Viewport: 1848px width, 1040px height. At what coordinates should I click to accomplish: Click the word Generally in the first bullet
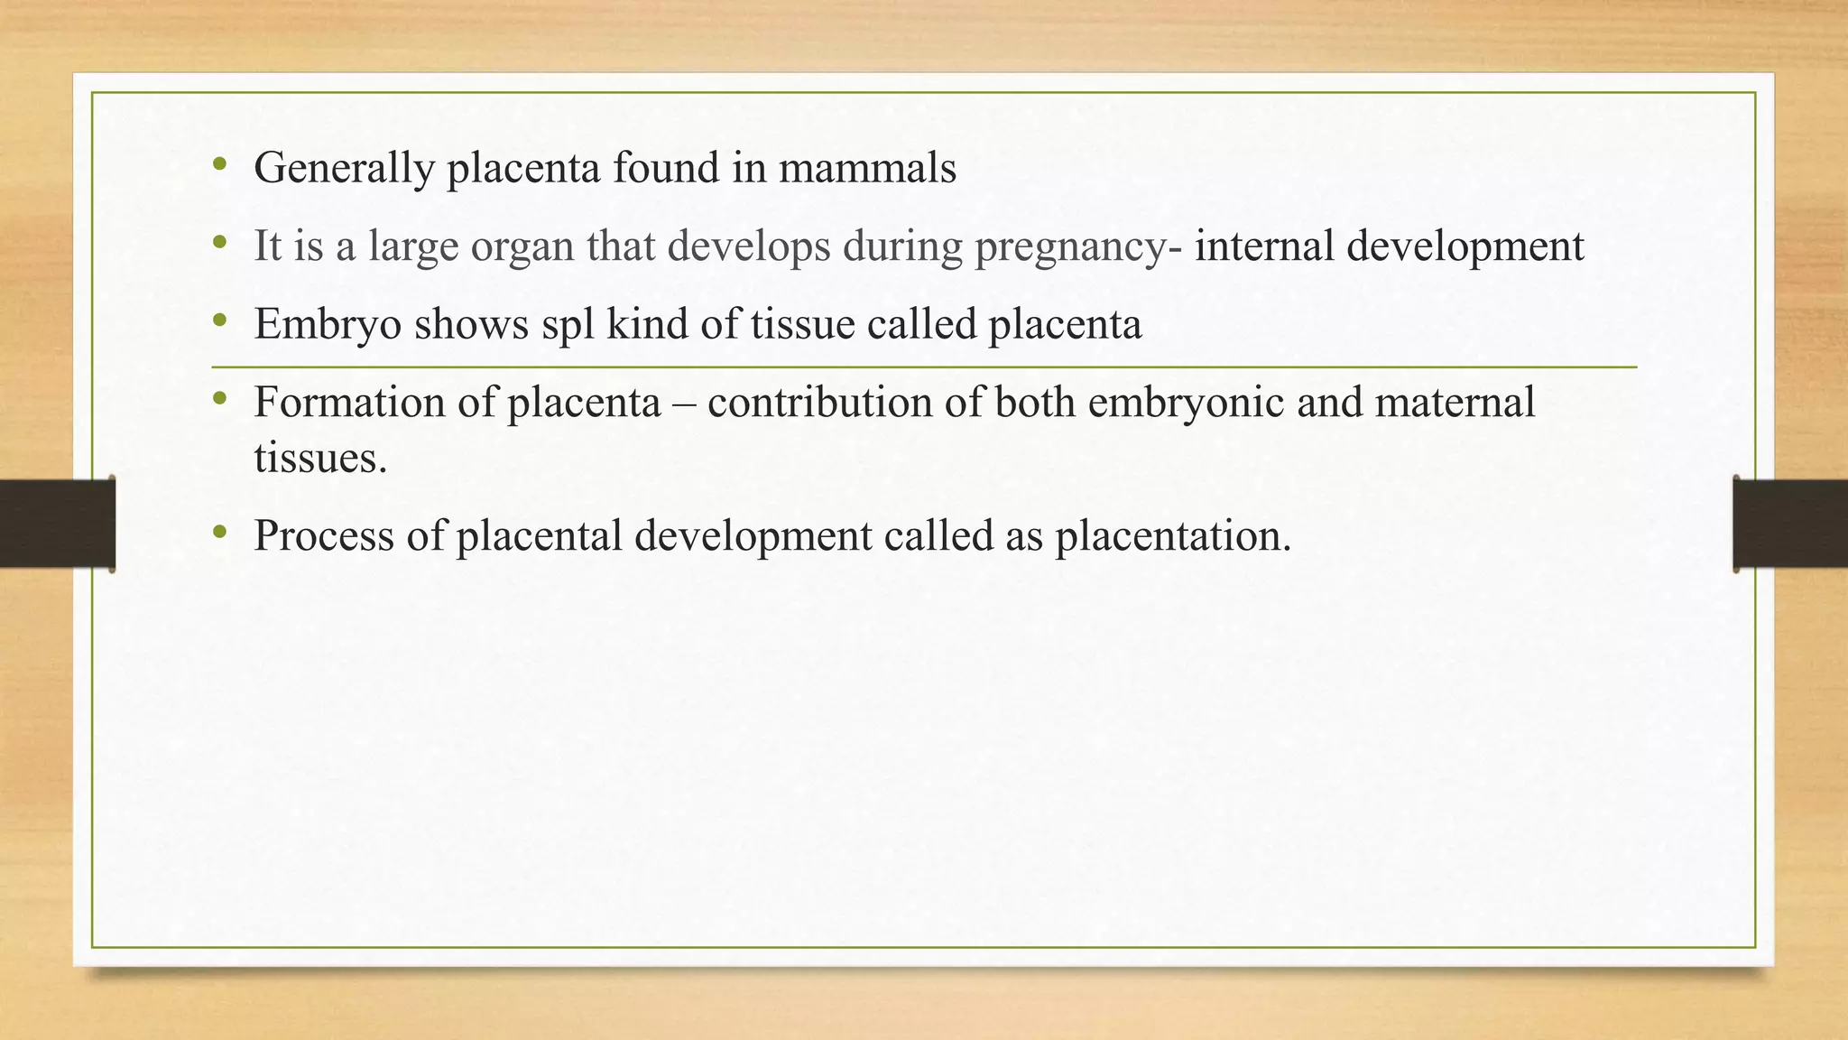(344, 169)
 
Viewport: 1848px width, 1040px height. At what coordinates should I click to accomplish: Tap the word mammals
(867, 169)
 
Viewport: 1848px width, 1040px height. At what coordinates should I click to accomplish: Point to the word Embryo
(328, 324)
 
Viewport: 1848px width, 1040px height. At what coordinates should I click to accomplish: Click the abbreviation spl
(568, 324)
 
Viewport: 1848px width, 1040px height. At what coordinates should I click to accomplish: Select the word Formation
(349, 403)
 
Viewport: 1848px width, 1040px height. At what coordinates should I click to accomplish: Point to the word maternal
(1455, 403)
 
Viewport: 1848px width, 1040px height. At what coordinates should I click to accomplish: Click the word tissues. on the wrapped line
(320, 458)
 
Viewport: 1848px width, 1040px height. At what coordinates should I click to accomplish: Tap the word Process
(324, 535)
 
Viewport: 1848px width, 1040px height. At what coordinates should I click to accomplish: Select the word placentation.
(1173, 535)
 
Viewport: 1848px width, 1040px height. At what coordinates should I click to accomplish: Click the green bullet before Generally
(219, 165)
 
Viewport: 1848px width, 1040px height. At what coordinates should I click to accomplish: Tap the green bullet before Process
(219, 533)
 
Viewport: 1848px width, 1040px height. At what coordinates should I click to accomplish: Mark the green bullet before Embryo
(219, 320)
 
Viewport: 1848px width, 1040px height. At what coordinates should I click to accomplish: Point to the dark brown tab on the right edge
(1790, 524)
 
